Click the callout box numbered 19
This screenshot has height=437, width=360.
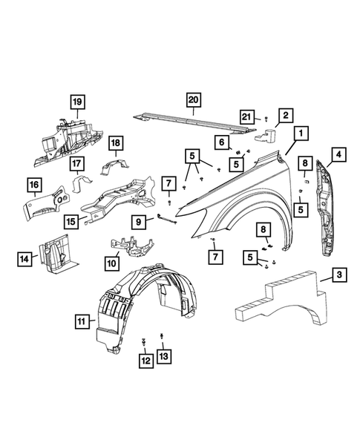pyautogui.click(x=76, y=101)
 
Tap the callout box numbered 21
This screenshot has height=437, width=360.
pyautogui.click(x=248, y=116)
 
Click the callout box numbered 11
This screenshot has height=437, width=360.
pyautogui.click(x=81, y=321)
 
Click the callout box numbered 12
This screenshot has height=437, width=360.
pyautogui.click(x=145, y=360)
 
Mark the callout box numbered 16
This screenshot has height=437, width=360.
pyautogui.click(x=34, y=185)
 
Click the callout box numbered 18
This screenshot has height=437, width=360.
pyautogui.click(x=116, y=142)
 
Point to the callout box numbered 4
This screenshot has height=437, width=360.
pyautogui.click(x=338, y=154)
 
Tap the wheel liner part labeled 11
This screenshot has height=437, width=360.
pyautogui.click(x=141, y=304)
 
